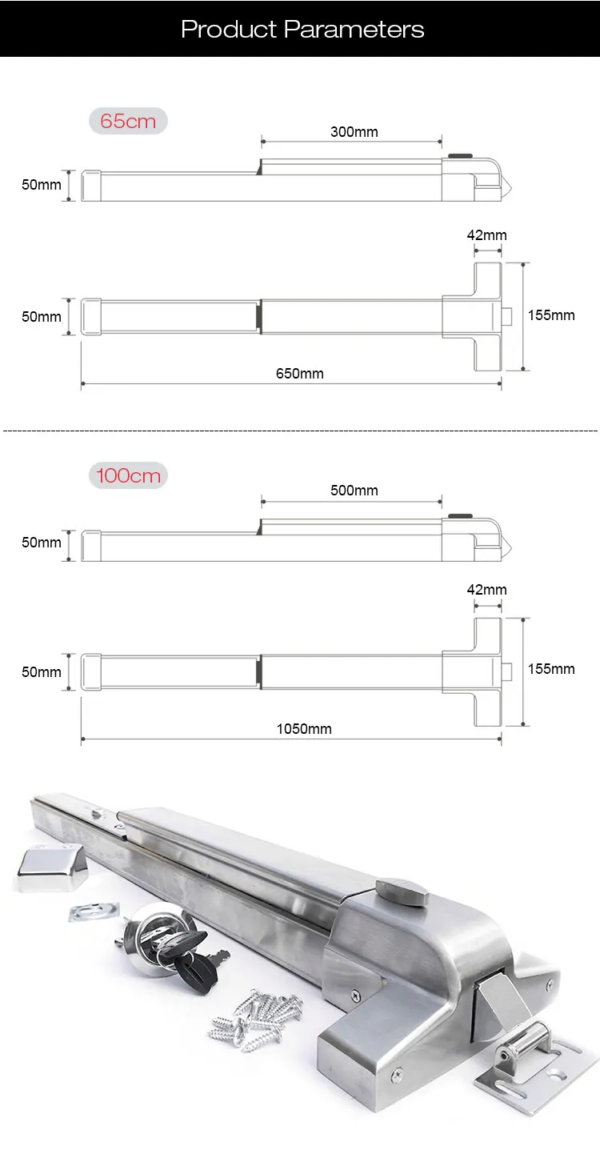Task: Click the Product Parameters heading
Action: point(302,30)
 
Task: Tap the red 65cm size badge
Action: point(128,122)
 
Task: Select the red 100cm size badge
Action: point(128,475)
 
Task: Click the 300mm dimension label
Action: point(354,131)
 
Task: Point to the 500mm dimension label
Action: point(354,490)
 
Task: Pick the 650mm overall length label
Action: point(300,373)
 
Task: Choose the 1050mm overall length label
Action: point(304,728)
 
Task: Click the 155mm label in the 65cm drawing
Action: point(551,315)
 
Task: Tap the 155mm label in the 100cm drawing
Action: point(551,668)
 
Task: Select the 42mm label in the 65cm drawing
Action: point(487,234)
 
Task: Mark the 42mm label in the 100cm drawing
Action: point(487,589)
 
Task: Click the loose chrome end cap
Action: point(50,869)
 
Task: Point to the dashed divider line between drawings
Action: point(300,431)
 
